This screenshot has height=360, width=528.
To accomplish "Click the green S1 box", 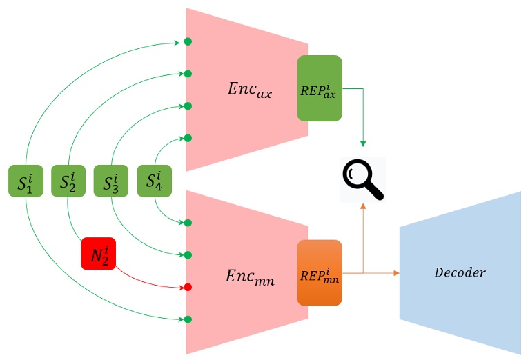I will pos(26,181).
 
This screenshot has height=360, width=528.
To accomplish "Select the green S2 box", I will pos(67,181).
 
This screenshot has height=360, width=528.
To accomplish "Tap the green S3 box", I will pos(110,181).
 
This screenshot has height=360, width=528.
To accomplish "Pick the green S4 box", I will pos(154,181).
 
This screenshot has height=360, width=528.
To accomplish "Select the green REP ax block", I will pos(319,88).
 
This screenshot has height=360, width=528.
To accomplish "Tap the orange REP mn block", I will pos(319,273).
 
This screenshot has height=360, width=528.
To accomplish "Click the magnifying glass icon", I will pos(362,179).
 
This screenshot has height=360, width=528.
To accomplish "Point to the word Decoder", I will pos(460,272).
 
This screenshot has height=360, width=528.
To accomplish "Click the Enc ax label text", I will pos(249,89).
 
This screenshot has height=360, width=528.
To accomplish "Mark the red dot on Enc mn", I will pos(188,287).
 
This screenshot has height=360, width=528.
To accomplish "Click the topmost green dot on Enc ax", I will pos(188,42).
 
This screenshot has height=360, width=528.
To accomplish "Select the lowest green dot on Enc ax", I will pos(188,138).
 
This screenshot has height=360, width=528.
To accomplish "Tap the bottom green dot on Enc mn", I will pos(188,319).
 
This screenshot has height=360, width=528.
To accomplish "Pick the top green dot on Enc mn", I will pos(188,223).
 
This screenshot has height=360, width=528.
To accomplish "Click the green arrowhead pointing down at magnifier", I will pos(363,143).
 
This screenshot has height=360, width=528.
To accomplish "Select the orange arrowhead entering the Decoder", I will pos(395,273).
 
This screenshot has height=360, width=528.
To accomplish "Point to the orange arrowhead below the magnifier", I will pos(363,208).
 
